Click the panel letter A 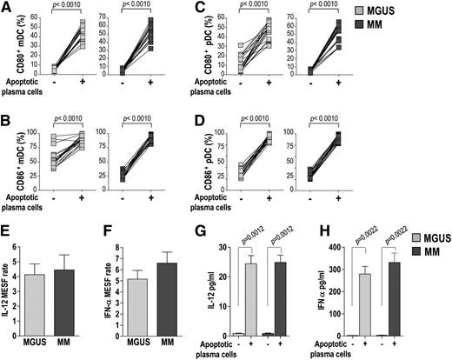[x=7, y=8]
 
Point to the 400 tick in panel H [x=334, y=239]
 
